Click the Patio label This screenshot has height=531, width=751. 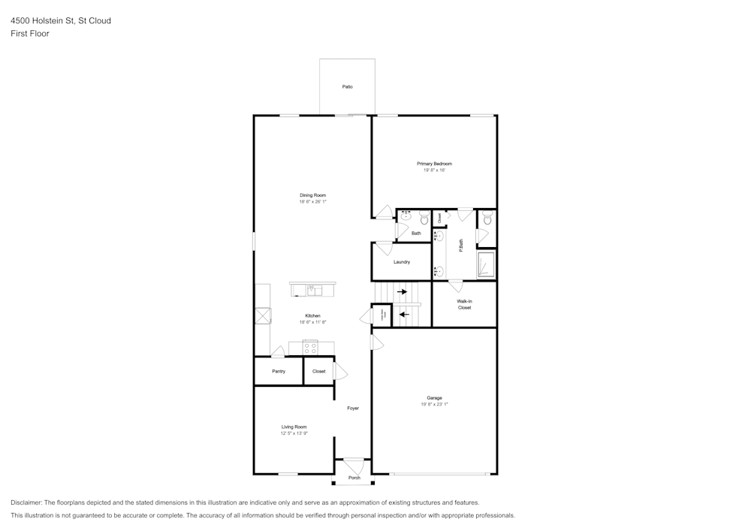click(x=347, y=87)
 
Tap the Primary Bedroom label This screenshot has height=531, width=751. click(x=434, y=164)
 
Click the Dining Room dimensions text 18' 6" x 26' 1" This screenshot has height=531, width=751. click(x=312, y=202)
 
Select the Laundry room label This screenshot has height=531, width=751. click(x=402, y=262)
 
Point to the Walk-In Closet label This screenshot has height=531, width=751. click(x=464, y=304)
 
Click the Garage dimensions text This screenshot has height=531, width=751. click(x=434, y=405)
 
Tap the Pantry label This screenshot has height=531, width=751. click(x=279, y=371)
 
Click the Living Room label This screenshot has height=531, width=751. click(x=294, y=427)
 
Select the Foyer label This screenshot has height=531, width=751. click(x=353, y=409)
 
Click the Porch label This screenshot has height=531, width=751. click(x=354, y=478)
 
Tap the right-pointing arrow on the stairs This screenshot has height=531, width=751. click(x=402, y=291)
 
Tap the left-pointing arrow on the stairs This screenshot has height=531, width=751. click(x=405, y=315)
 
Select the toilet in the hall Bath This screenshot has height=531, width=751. click(x=424, y=219)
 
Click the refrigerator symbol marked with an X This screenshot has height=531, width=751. click(x=262, y=316)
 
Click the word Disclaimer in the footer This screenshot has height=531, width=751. click(x=27, y=502)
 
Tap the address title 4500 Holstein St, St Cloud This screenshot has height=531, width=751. click(x=61, y=21)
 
